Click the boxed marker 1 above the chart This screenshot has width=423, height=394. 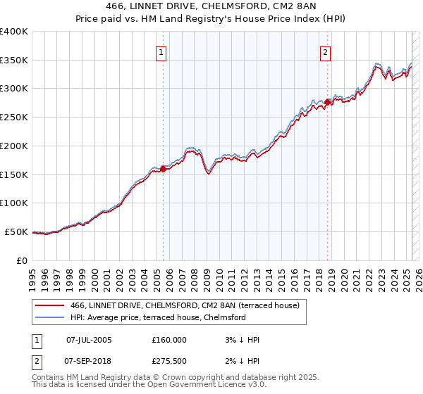pyautogui.click(x=161, y=51)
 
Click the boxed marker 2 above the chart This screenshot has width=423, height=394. pyautogui.click(x=326, y=51)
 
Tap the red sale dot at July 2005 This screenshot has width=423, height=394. pyautogui.click(x=163, y=169)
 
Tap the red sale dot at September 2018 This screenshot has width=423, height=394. pyautogui.click(x=327, y=103)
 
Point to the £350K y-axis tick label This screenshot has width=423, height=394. pyautogui.click(x=14, y=61)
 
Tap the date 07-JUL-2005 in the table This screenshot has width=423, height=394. pyautogui.click(x=88, y=340)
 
